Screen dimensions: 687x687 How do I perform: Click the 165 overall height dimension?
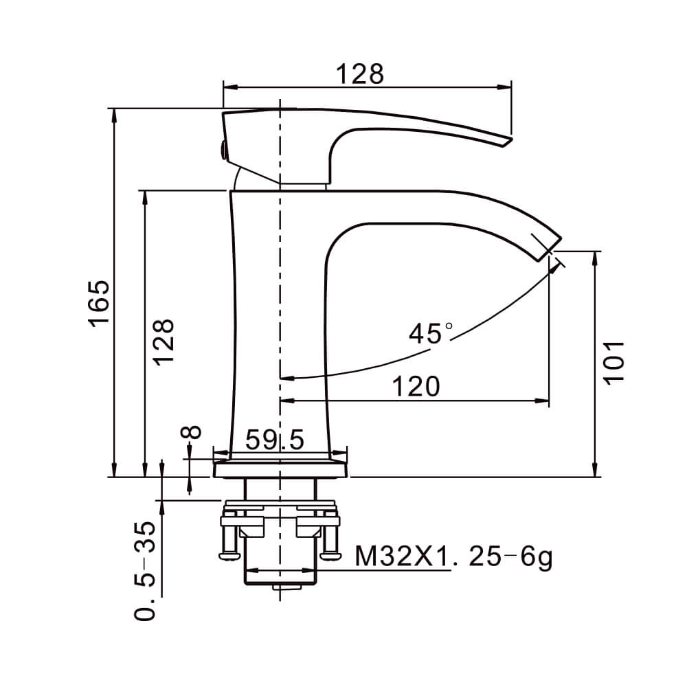98,303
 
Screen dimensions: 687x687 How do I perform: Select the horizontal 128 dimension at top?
360,74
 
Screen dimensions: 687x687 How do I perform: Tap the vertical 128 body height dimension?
164,341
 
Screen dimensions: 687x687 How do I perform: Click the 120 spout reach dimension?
416,386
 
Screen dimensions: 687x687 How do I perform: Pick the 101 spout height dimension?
613,363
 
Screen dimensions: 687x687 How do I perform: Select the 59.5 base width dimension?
274,440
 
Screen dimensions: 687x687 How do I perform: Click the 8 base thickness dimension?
191,432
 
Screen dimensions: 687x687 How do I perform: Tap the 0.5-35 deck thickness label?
145,571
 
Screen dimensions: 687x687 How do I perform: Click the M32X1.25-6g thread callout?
453,557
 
